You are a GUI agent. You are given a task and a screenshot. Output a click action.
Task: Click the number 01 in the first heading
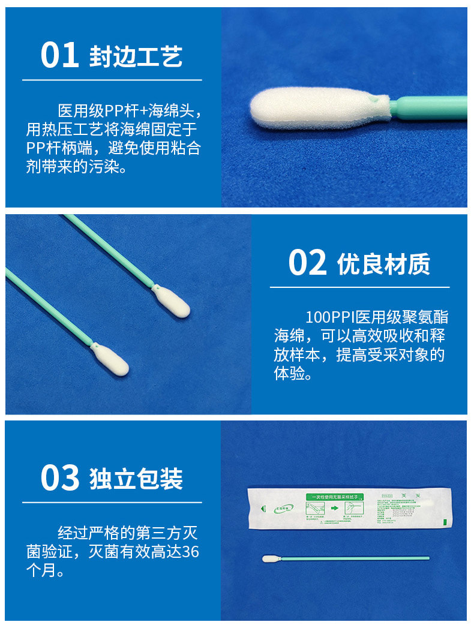tap(60, 55)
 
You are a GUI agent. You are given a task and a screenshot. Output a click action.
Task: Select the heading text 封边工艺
tap(136, 56)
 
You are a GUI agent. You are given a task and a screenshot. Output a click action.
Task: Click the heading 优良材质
tap(383, 264)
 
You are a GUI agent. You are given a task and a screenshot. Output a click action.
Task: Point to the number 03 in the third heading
tap(60, 478)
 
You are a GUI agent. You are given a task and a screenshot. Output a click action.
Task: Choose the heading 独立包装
tap(136, 479)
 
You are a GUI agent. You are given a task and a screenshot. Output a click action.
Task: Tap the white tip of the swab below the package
tap(271, 558)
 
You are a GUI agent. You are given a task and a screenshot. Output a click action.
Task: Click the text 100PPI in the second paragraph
tap(329, 317)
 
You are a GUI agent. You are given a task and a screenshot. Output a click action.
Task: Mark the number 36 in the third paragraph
tap(190, 552)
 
